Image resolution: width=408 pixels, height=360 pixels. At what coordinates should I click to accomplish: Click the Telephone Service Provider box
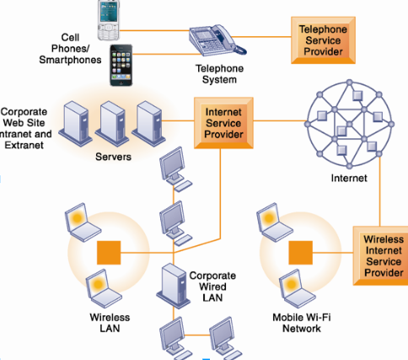pos(323,40)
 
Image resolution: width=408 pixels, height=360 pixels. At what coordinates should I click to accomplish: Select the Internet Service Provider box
pos(223,123)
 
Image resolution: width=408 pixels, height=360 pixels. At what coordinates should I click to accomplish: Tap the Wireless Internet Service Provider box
pos(380,255)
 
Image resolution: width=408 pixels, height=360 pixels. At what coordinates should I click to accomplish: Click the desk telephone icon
pos(217,40)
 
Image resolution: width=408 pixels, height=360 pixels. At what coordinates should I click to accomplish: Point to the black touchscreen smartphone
pos(121,65)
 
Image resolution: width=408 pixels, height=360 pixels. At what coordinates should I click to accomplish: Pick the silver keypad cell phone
pos(109,20)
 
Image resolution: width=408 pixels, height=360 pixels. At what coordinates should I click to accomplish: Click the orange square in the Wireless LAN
pos(109,253)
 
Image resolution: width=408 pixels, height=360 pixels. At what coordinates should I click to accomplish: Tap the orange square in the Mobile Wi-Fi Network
pos(301,253)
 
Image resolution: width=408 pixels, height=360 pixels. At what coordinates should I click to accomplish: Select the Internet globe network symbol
pos(349,124)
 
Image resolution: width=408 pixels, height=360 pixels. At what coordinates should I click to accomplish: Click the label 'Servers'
pos(113,157)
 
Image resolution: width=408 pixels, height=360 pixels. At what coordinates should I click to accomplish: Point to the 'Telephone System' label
pos(219,74)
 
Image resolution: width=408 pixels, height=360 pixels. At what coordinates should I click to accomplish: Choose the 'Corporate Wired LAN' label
pos(212,287)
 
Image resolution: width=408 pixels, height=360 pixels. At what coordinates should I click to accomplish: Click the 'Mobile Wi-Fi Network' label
pos(302,323)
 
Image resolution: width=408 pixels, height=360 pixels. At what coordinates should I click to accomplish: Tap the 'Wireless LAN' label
pos(110,323)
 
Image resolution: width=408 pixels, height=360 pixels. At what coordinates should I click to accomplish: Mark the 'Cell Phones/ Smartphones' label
pos(70,49)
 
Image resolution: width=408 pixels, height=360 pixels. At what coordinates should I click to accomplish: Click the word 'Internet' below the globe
pos(349,178)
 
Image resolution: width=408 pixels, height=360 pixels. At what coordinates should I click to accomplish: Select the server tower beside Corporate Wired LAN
pos(174,286)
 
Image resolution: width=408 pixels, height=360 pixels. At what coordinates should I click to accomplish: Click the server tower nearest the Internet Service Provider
pos(148,123)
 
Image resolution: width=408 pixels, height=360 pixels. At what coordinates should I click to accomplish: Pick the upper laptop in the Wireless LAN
pos(83,223)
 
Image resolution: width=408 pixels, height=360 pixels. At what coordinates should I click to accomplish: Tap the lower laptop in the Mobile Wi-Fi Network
pos(297,288)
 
